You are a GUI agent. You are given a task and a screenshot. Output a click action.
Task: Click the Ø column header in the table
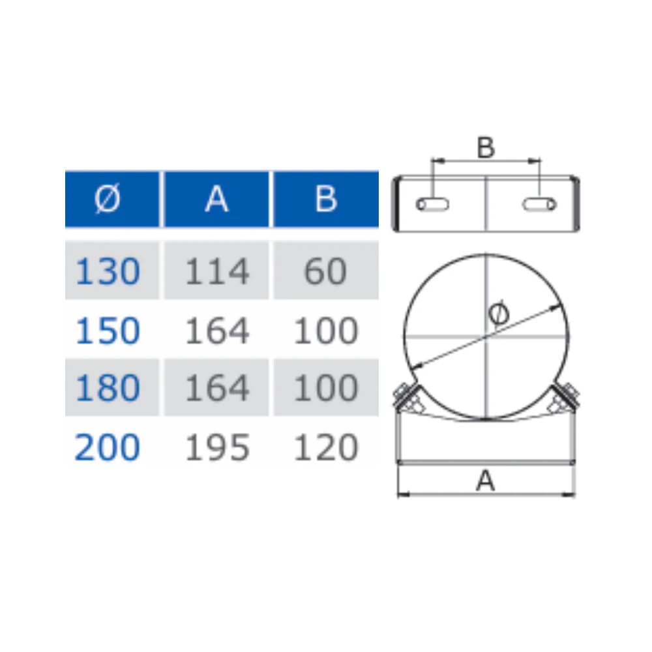coord(112,199)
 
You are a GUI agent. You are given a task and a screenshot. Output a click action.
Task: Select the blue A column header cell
coord(216,199)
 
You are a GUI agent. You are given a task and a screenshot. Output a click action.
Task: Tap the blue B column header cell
coord(326,199)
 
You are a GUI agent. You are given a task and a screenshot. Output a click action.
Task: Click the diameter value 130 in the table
coord(108,271)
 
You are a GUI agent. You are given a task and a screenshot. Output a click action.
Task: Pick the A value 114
coord(217,271)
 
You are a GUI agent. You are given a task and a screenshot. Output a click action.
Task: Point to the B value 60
coord(325,271)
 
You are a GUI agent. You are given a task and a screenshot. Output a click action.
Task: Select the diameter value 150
coord(108,331)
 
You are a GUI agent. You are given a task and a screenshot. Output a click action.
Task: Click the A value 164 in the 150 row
coord(217,331)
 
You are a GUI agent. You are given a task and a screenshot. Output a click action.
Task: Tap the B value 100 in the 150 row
coord(325,331)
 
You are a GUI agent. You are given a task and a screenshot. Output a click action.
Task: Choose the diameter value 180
coord(108,387)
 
